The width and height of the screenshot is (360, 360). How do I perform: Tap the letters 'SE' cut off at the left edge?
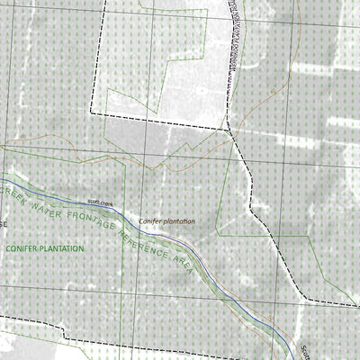click(4, 223)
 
